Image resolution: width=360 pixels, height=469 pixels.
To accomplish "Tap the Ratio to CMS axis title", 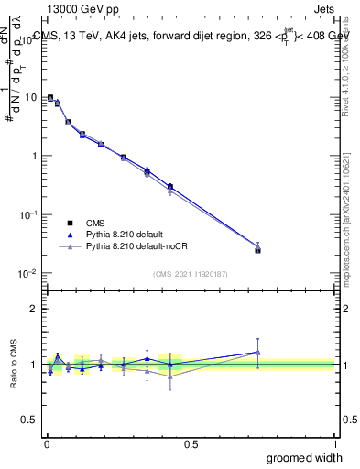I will pyautogui.click(x=15, y=365).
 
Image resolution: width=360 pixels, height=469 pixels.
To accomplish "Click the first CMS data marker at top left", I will pyautogui.click(x=50, y=97).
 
